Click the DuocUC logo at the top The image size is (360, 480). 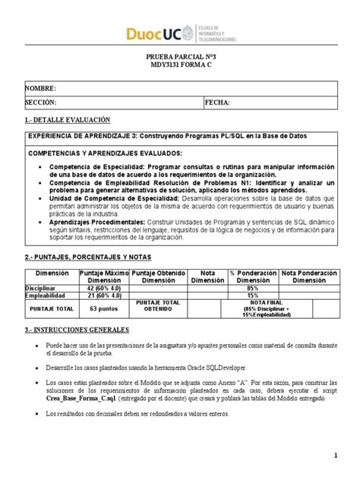coord(180,33)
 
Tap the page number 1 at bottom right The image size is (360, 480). coord(335,456)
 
